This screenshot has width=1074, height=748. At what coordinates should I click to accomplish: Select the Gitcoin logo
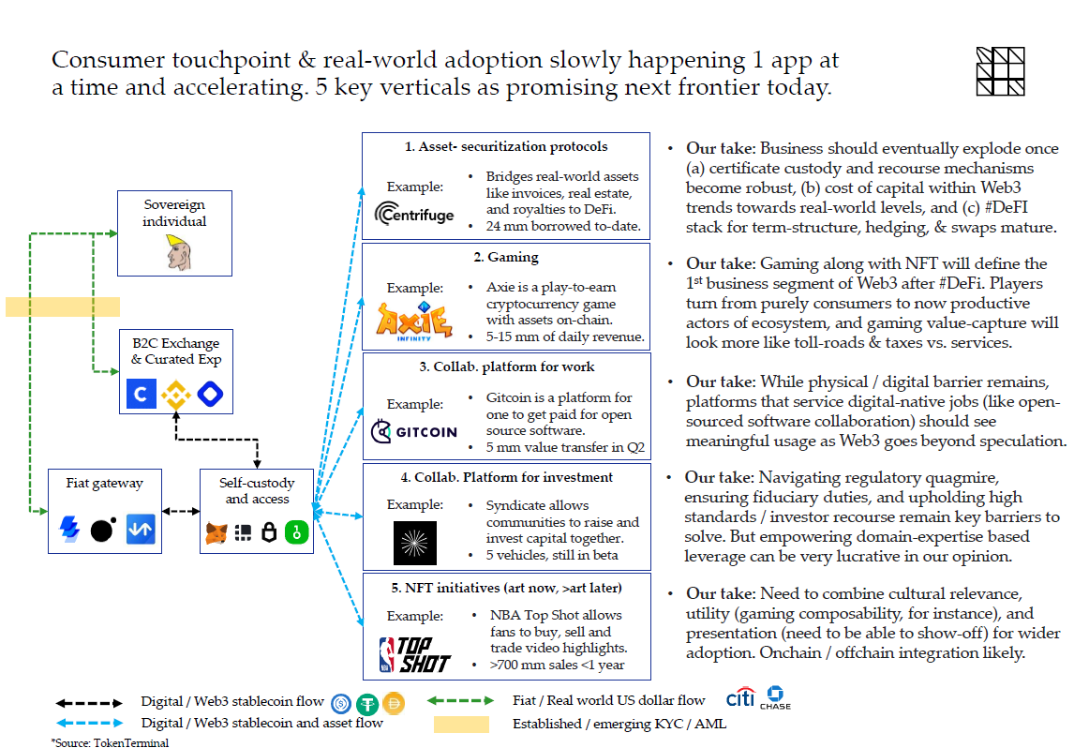tap(414, 432)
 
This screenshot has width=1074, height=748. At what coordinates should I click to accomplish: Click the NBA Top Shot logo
tap(414, 653)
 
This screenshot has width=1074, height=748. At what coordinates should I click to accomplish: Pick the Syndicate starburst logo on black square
tap(415, 543)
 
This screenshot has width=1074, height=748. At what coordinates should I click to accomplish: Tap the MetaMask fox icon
tap(216, 532)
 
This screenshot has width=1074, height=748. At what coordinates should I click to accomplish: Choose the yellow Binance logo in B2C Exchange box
tap(175, 396)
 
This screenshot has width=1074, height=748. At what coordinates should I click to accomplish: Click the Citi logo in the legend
tap(740, 699)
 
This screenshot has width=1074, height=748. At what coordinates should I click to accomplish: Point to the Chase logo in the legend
tap(775, 698)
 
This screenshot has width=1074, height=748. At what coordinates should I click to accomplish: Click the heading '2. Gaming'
tap(506, 257)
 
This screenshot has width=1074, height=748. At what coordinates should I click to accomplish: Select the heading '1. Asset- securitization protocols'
tap(506, 146)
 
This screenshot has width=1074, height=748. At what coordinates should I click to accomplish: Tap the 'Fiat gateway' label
tap(105, 484)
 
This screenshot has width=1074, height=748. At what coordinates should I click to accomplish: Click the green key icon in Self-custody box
tap(297, 532)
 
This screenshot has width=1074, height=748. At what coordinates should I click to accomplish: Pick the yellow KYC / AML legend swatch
tap(460, 724)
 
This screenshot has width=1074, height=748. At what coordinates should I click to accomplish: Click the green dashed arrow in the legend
tap(460, 700)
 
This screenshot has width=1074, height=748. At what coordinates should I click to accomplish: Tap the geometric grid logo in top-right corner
tap(1000, 71)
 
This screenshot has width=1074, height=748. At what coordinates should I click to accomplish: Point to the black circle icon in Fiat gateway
tap(103, 531)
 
